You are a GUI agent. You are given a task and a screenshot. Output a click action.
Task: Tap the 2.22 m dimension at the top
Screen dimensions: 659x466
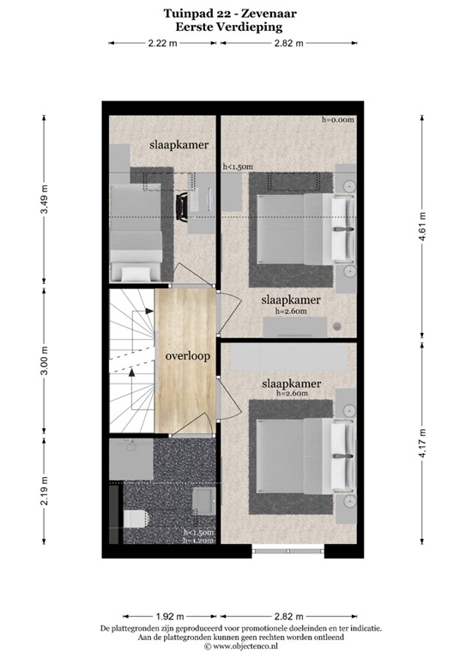(163, 43)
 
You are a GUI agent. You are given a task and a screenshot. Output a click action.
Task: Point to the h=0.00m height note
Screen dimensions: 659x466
(338, 120)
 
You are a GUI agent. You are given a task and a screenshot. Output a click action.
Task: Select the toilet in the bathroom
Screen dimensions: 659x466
(134, 517)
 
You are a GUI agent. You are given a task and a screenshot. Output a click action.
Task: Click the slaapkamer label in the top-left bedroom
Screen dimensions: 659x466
(179, 145)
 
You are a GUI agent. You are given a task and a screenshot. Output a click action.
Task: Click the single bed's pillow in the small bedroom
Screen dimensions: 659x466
(135, 273)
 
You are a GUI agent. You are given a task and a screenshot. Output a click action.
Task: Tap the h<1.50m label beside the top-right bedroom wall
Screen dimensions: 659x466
(238, 166)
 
